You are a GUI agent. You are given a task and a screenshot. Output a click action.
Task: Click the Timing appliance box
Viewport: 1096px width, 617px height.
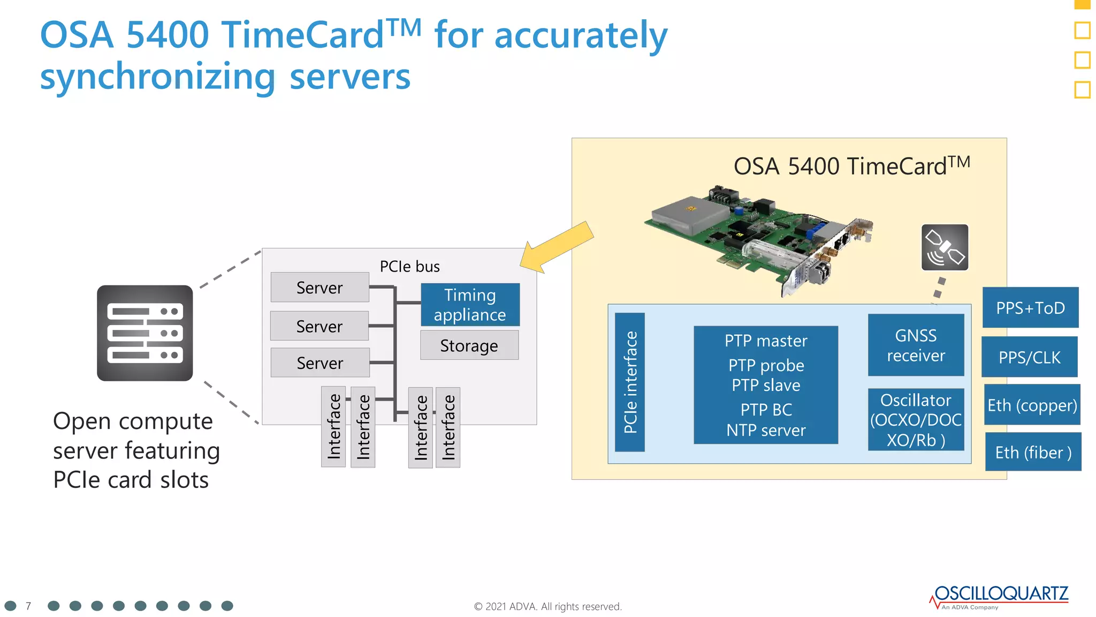[x=470, y=305]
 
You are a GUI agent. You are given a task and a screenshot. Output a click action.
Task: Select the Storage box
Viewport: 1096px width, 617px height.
[x=469, y=345]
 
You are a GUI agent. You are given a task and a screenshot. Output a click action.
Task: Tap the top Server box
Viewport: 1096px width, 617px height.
[x=319, y=288]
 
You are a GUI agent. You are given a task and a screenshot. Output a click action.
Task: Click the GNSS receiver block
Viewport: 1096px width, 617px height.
[x=916, y=345]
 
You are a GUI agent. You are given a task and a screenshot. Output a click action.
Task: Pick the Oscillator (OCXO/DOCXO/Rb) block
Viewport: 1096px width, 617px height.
[x=916, y=420]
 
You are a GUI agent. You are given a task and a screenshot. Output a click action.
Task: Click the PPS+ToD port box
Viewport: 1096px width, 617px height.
[x=1030, y=308]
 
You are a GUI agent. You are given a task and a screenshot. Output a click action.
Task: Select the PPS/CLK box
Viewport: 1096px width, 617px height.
[x=1029, y=357]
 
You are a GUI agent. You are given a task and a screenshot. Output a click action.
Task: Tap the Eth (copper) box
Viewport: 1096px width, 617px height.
[x=1032, y=405]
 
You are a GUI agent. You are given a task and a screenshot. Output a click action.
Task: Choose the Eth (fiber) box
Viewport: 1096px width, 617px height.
[x=1033, y=453]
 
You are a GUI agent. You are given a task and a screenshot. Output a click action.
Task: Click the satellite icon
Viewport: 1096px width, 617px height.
[x=945, y=247]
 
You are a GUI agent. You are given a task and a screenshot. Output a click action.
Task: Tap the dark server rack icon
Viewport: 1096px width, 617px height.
[x=144, y=333]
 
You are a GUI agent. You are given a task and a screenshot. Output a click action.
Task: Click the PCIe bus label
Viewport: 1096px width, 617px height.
[x=409, y=266]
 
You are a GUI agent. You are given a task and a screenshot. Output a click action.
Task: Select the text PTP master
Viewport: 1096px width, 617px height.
[x=766, y=341]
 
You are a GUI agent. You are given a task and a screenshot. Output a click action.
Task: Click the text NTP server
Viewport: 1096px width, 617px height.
[x=766, y=430]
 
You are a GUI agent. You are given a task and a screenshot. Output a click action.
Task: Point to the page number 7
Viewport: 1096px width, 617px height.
[x=28, y=606]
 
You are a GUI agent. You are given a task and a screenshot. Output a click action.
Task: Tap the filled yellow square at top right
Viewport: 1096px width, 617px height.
[x=1082, y=4]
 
